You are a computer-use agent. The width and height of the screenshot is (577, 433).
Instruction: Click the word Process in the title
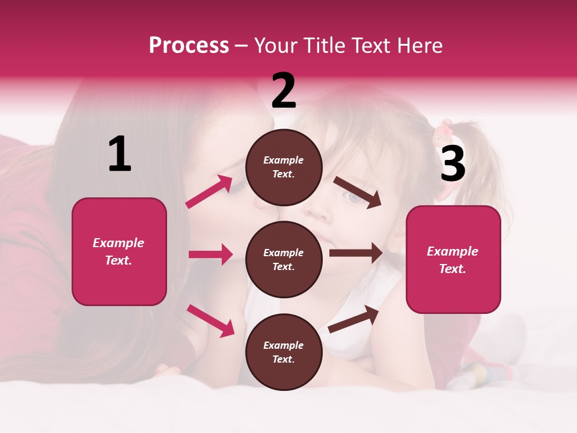tap(189, 46)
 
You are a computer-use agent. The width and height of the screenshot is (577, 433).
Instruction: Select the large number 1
tap(120, 155)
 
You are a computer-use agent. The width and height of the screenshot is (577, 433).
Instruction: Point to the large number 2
tap(284, 91)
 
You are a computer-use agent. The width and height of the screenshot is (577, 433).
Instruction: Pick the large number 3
tap(453, 164)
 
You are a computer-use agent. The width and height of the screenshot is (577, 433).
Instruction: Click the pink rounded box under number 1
tap(119, 251)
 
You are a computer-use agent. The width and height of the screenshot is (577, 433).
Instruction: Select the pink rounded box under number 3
tap(453, 259)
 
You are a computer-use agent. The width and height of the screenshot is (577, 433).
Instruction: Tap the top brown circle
tap(284, 167)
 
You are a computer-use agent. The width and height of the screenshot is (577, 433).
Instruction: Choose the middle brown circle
tap(284, 259)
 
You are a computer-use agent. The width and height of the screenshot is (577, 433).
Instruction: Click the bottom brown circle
tap(284, 352)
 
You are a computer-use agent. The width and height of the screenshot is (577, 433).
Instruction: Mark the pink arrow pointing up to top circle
tap(209, 192)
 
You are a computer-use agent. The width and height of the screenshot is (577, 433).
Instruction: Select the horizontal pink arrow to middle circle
tap(210, 254)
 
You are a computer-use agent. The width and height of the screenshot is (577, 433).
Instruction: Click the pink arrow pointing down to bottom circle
tap(211, 321)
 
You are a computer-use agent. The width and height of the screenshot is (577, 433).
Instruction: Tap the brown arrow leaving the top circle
tap(358, 192)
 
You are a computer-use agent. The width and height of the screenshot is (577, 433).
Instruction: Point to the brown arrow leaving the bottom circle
tap(353, 319)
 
